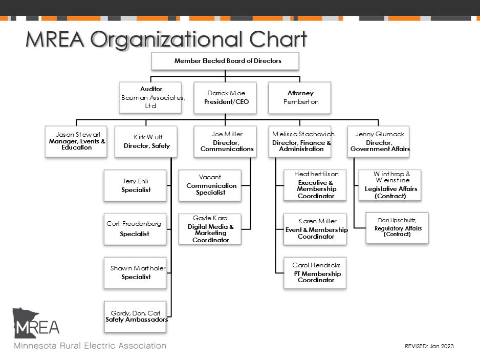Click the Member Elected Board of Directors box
coord(225,61)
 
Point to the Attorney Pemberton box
coord(300,97)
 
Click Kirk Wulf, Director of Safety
coord(146,141)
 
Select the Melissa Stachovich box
coord(301,141)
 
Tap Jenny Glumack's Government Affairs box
coord(379,141)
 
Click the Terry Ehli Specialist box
coord(136,185)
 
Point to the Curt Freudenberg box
coord(136,229)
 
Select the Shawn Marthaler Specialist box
coord(136,272)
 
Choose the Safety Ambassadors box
coord(136,316)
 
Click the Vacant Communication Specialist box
coord(210,185)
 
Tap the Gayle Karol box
coord(210,229)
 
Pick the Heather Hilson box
coord(315,185)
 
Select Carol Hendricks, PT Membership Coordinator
coord(315,272)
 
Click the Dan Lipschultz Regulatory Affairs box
coord(397,228)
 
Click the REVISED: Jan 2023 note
coord(429,346)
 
